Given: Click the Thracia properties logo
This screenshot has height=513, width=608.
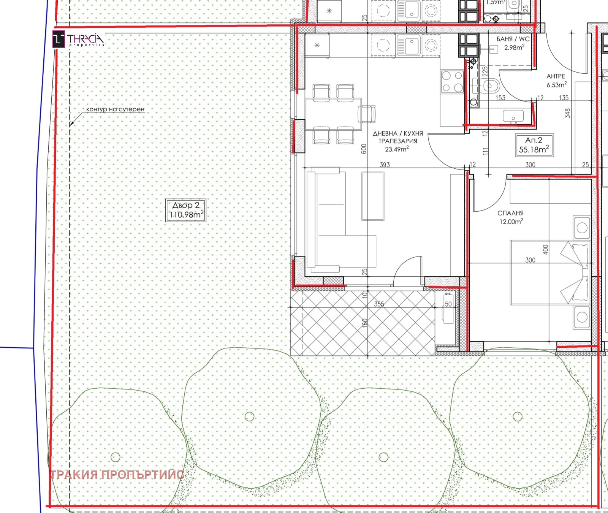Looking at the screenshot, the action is point(78,40).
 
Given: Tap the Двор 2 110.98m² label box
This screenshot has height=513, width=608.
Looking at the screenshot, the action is point(186,210).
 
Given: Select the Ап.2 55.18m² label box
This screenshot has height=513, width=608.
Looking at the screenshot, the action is point(534,145).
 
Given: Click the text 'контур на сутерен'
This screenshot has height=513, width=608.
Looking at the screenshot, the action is point(115,109).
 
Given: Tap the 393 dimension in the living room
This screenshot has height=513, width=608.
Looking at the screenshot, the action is point(385,165).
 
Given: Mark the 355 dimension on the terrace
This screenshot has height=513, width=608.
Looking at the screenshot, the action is point(379,304).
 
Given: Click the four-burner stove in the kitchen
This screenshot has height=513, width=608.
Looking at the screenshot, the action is point(452,82).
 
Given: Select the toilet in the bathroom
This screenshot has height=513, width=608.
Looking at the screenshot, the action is point(489,86).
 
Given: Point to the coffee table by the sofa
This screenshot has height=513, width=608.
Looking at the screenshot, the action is point(373,196).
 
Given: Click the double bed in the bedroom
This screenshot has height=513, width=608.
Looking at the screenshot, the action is point(550,272).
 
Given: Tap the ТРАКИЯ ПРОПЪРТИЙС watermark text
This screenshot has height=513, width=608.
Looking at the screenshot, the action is point(117,475).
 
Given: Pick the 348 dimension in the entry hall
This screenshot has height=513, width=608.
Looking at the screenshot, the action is point(567,113).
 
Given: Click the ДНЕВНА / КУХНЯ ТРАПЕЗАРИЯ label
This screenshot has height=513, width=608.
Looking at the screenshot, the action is point(397,141).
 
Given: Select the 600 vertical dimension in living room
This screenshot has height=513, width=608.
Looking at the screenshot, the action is point(364,149).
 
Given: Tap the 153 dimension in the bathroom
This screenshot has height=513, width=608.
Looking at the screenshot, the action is point(500,98).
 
